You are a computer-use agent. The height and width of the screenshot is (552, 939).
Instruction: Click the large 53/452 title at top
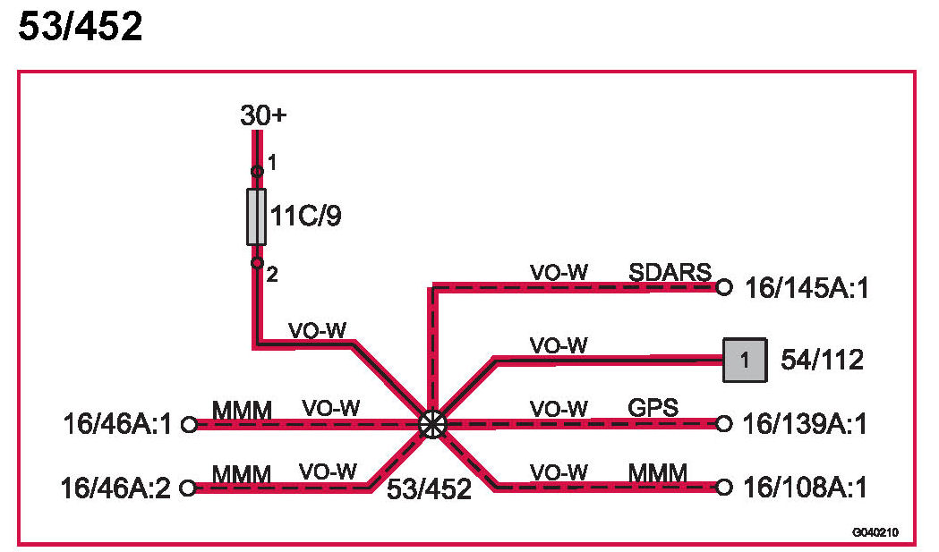point(81,28)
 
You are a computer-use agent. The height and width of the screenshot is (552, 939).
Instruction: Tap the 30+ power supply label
point(263,115)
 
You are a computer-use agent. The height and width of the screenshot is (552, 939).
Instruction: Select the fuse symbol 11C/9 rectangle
point(257,217)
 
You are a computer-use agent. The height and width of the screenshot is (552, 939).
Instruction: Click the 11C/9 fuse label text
point(307,217)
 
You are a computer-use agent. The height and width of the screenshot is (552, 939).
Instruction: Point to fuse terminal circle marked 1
point(257,171)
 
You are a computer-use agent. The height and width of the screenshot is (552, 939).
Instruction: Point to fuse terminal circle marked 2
point(257,263)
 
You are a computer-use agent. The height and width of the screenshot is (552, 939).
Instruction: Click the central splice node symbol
point(431,423)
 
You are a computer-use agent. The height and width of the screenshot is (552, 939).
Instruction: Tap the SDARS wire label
point(670,272)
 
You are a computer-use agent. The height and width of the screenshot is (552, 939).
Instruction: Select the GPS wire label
point(653,408)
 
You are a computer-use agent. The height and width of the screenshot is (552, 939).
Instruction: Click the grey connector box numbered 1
point(745,360)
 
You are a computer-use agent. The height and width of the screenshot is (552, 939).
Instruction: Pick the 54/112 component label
point(823,360)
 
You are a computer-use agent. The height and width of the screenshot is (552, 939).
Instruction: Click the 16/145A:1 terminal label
point(806,288)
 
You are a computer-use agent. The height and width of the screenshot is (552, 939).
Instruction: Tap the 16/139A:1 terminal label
point(805,424)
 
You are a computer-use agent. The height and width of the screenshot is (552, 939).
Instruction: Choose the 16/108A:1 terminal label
point(805,488)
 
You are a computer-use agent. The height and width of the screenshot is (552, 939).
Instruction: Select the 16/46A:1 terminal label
point(117,423)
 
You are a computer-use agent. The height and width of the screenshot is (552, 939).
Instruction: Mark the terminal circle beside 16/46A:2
point(188,488)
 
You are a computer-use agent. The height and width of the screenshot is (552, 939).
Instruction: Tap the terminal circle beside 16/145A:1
point(724,288)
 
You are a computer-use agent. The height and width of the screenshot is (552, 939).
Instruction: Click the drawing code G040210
point(875,533)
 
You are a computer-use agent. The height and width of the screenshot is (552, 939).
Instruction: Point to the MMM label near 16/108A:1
point(657,471)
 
